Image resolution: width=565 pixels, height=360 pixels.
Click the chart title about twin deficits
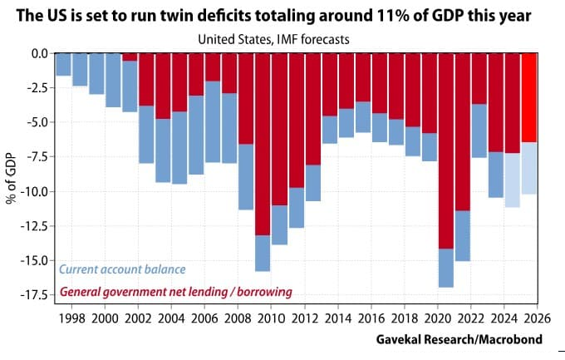(x=282, y=15)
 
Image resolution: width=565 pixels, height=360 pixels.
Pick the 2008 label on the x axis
(x=238, y=318)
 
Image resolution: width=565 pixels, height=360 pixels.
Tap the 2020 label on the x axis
(x=437, y=318)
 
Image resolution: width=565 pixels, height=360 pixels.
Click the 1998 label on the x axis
(x=71, y=318)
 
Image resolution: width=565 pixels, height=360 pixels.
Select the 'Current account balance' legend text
(x=122, y=269)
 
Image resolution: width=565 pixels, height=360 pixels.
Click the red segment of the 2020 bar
(x=446, y=150)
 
